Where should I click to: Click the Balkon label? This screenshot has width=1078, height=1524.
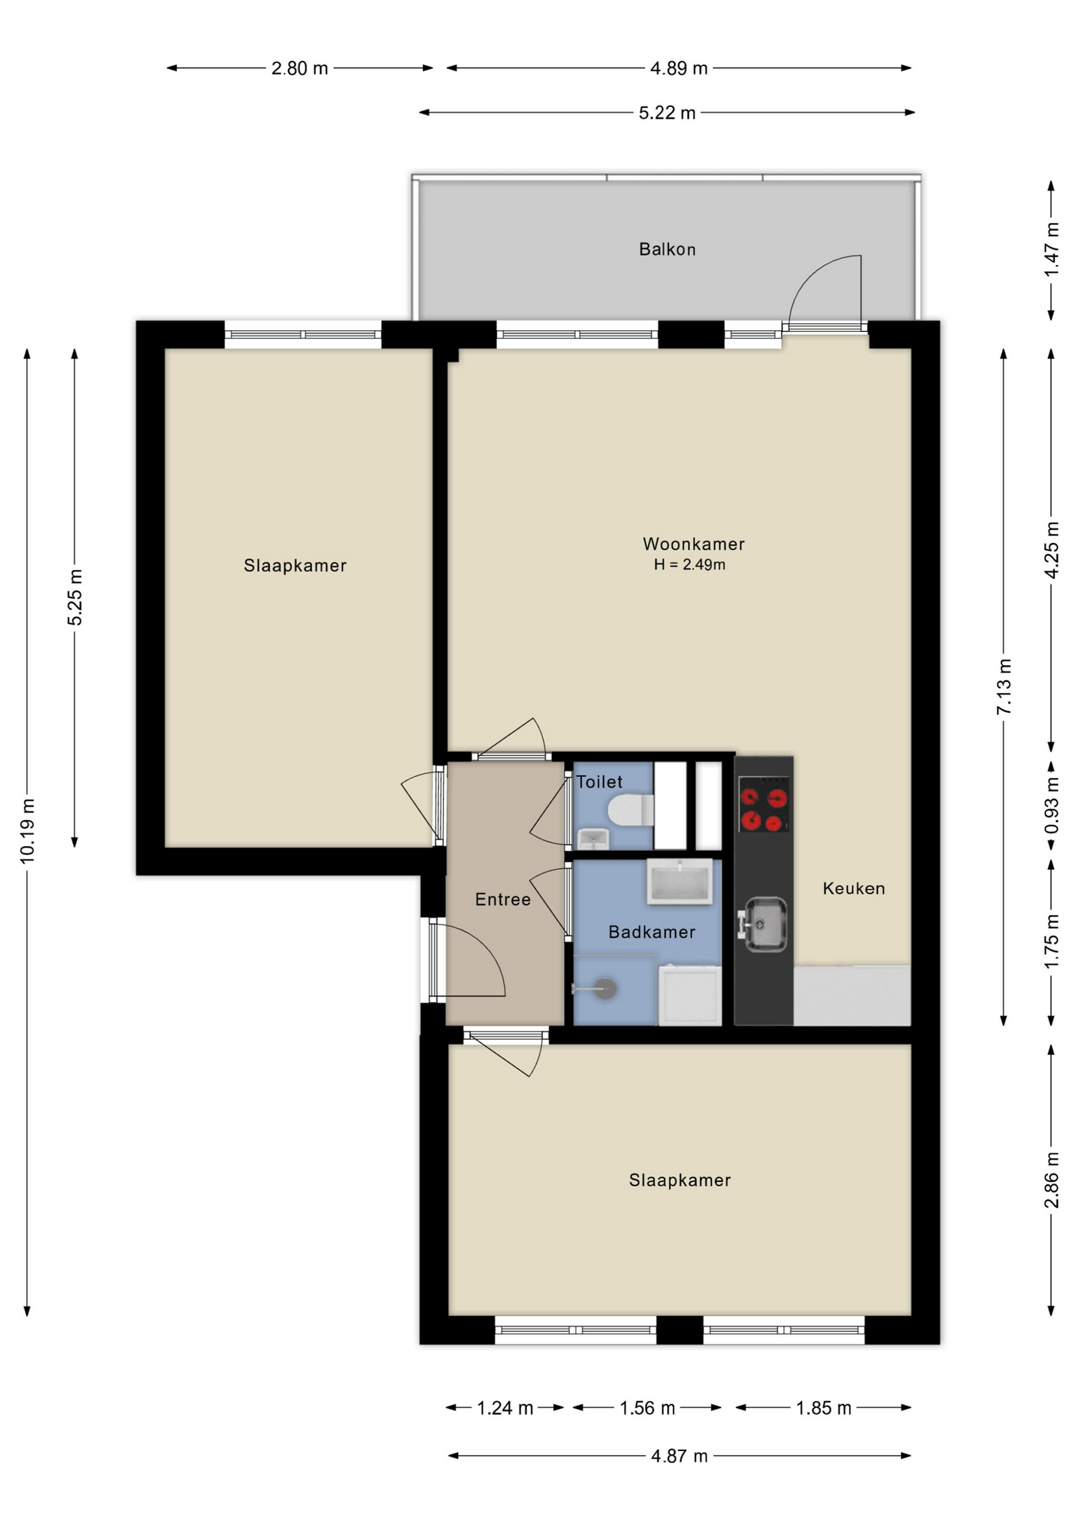(667, 249)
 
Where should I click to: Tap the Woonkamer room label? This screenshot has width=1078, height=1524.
(694, 544)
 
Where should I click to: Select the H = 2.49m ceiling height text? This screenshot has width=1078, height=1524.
(689, 564)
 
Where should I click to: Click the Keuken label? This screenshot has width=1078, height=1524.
(853, 888)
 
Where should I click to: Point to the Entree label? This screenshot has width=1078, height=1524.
(502, 899)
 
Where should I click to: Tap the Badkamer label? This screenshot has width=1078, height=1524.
(652, 932)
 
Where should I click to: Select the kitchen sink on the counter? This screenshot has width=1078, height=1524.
(764, 923)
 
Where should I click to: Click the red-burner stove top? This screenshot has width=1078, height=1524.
(764, 804)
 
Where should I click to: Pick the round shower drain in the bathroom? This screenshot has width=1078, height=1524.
(606, 988)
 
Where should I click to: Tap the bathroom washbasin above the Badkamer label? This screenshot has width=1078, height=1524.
(680, 881)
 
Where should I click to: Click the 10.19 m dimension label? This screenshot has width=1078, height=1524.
(28, 831)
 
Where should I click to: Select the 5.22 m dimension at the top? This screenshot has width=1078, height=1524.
(667, 113)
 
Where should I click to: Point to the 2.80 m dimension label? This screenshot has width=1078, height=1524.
(299, 68)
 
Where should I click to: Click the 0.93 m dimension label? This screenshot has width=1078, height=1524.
(1052, 805)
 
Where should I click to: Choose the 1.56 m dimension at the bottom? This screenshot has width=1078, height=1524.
(647, 1408)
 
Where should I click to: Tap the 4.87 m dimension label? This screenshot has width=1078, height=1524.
(679, 1456)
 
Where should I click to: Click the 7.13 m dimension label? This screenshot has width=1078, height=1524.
(1004, 686)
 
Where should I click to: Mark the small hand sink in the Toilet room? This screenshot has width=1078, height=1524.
(592, 838)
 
